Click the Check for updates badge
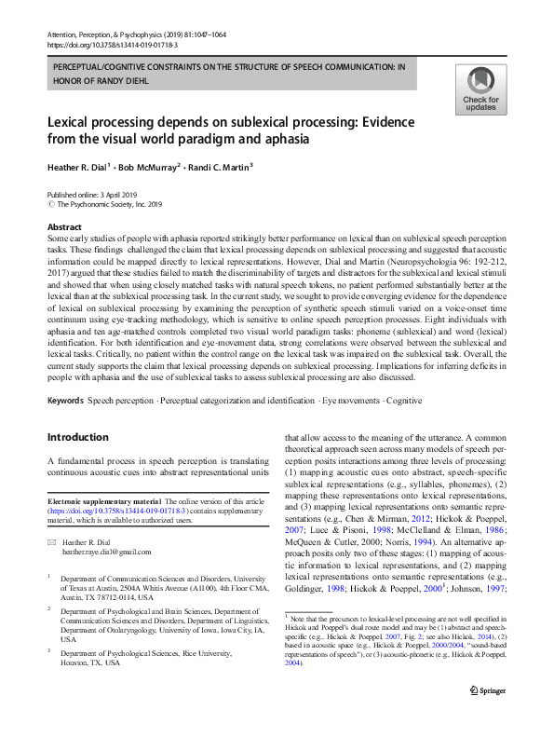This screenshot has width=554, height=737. click(x=480, y=89)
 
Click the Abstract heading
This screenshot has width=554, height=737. click(x=64, y=226)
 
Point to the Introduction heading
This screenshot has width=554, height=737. click(x=78, y=437)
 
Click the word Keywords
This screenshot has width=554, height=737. click(x=65, y=400)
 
